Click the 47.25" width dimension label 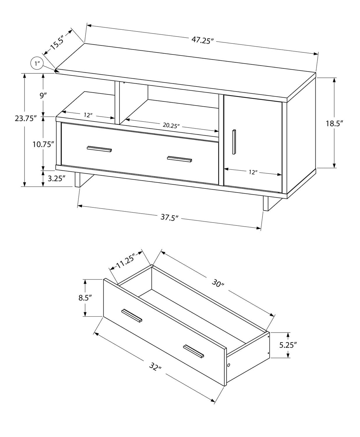click(x=203, y=40)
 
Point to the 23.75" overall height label click(x=26, y=119)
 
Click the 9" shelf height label click(x=43, y=95)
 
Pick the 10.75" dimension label click(x=43, y=144)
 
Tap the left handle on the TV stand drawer click(x=99, y=149)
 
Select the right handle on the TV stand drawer click(x=180, y=159)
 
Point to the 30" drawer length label click(x=218, y=283)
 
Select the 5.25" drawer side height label click(x=288, y=345)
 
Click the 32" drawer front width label click(x=155, y=367)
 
